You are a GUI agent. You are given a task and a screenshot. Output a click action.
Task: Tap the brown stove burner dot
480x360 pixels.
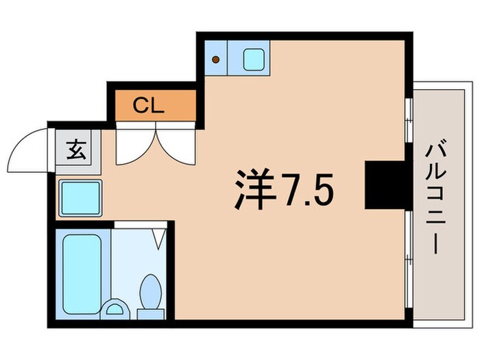pos(216,60)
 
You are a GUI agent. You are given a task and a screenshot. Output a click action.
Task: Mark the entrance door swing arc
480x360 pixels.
pos(27,147)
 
